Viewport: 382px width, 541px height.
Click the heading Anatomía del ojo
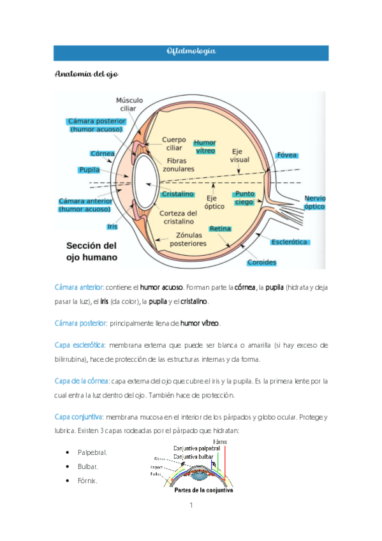click(83, 75)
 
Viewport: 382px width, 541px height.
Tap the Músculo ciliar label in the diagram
click(129, 105)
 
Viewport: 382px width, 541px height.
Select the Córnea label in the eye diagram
click(102, 154)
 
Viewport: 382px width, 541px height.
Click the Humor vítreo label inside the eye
click(205, 146)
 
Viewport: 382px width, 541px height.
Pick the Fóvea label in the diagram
click(286, 155)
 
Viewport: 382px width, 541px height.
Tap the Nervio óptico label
click(314, 202)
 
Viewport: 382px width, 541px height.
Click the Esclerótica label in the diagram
click(290, 242)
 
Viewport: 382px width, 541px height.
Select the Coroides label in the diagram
click(262, 262)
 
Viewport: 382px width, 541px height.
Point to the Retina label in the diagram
click(220, 228)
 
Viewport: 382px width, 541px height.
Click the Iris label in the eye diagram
click(112, 226)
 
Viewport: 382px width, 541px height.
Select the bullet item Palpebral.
click(92, 452)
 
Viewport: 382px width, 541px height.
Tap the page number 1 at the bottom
click(191, 506)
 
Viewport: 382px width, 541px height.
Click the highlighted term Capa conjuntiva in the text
click(79, 417)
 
